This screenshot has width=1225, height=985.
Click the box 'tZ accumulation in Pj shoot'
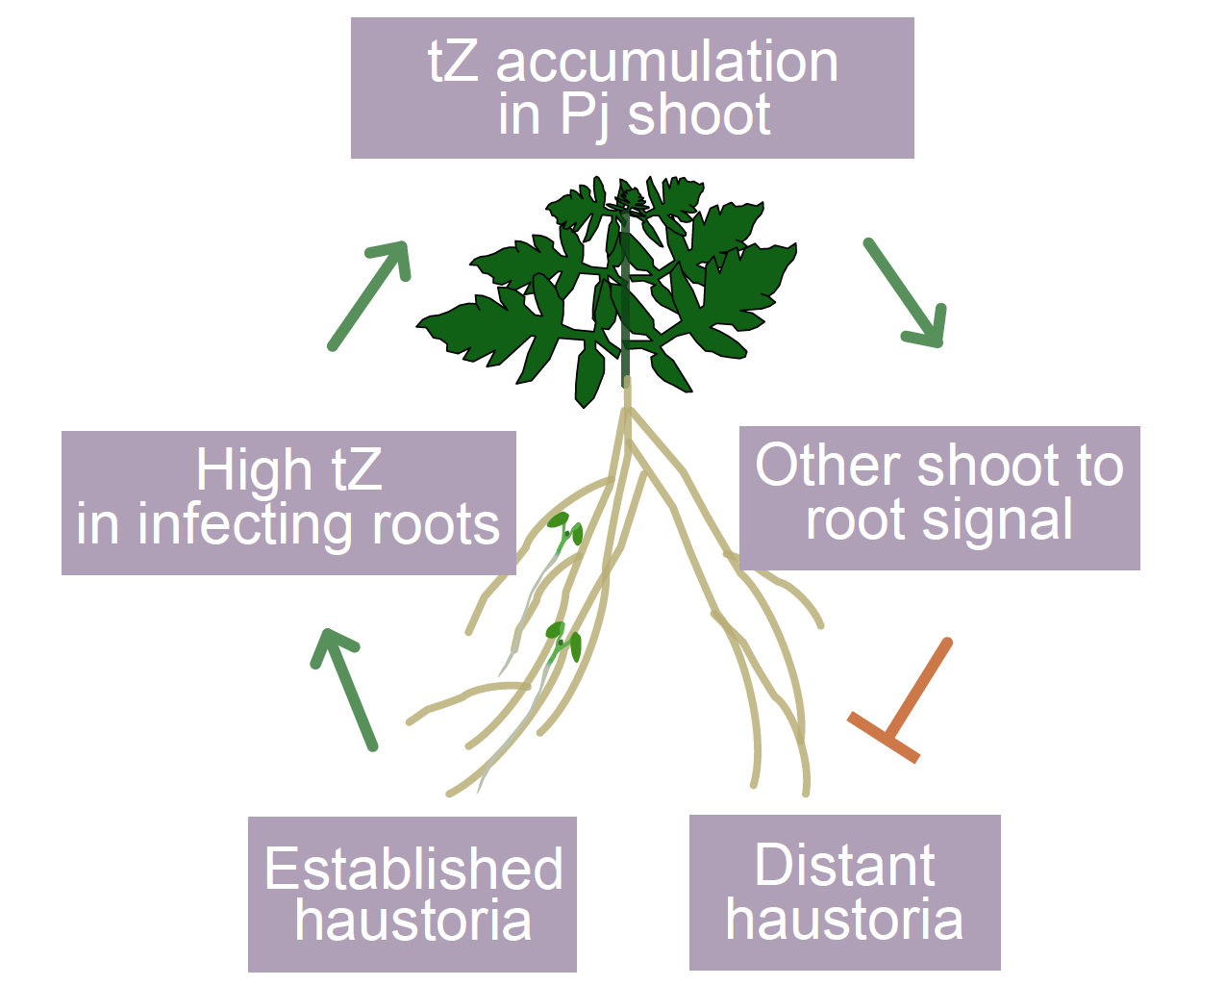pyautogui.click(x=632, y=88)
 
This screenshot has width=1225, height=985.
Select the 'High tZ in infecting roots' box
pyautogui.click(x=288, y=502)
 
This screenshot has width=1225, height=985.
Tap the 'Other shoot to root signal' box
pyautogui.click(x=939, y=497)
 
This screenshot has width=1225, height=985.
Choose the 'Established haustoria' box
pyautogui.click(x=412, y=894)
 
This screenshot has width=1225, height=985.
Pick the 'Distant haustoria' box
pyautogui.click(x=844, y=892)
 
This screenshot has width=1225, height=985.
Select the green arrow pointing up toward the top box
pyautogui.click(x=371, y=293)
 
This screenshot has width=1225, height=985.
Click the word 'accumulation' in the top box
pyautogui.click(x=666, y=63)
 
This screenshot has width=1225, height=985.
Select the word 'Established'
pyautogui.click(x=413, y=869)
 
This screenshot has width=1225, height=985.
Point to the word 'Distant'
pyautogui.click(x=844, y=865)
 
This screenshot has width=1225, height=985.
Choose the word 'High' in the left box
pyautogui.click(x=254, y=470)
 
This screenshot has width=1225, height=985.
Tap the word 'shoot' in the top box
pyautogui.click(x=699, y=115)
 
